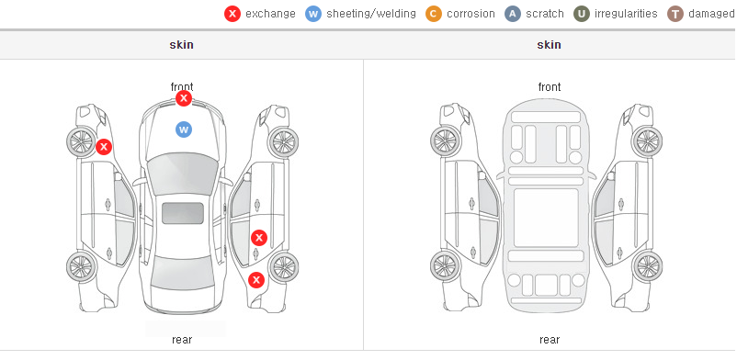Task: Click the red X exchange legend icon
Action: point(232,14)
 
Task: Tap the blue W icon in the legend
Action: point(313,14)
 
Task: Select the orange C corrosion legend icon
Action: point(434,14)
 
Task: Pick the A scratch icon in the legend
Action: point(513,14)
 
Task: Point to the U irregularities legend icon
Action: point(582,14)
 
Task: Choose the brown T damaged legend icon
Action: point(675,14)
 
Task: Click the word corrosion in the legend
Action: point(471,14)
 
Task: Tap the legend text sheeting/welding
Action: point(371,14)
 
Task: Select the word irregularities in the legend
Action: point(626,14)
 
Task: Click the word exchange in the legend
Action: point(270,14)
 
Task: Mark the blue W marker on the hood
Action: point(184,129)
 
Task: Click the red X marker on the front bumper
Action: point(184,98)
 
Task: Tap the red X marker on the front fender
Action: point(104,147)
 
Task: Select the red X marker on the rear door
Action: point(259,238)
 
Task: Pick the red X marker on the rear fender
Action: point(256,281)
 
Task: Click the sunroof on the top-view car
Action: point(183,213)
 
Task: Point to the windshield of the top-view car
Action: point(183,174)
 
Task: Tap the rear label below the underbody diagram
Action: point(550,339)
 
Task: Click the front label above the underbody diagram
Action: point(550,87)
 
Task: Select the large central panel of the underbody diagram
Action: point(546,218)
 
